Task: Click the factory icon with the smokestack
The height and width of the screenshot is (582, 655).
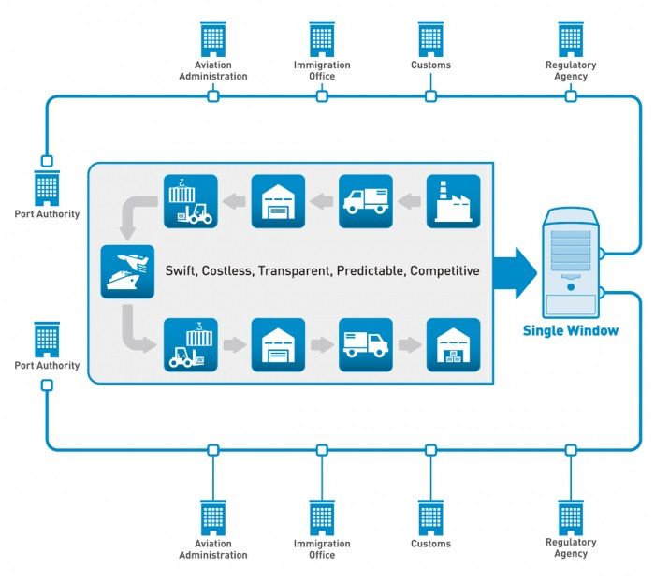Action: click(454, 201)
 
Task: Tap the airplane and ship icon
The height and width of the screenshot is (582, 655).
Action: click(127, 271)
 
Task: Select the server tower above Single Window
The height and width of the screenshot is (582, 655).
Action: click(570, 261)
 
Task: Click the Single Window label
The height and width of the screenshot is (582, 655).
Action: click(570, 330)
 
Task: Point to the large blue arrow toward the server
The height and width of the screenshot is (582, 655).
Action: click(516, 271)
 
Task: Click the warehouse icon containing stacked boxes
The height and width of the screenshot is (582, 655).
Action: click(454, 345)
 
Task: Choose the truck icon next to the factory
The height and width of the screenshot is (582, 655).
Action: click(366, 201)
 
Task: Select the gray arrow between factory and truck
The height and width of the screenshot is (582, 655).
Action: click(410, 201)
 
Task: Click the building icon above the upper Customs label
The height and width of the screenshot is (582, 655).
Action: click(430, 38)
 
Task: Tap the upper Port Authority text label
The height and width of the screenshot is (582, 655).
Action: click(47, 214)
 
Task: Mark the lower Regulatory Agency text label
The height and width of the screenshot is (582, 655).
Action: click(571, 547)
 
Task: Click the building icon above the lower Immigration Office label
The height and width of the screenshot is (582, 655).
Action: click(322, 517)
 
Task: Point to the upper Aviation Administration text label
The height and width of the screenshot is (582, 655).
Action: click(213, 70)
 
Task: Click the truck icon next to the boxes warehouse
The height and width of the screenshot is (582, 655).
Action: click(366, 345)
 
